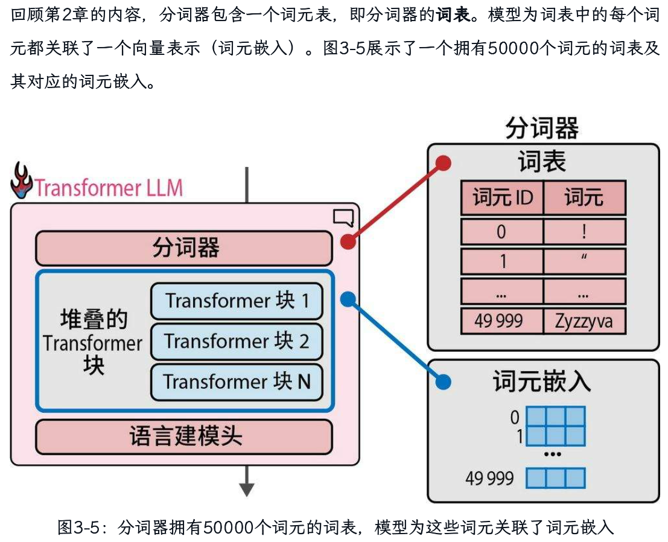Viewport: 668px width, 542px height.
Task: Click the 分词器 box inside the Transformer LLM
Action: (x=184, y=248)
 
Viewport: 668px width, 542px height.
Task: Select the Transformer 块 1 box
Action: (x=237, y=301)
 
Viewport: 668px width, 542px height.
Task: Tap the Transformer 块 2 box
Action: (x=237, y=341)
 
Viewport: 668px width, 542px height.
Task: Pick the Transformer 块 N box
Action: (x=237, y=381)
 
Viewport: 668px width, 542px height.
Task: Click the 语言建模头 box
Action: (x=184, y=436)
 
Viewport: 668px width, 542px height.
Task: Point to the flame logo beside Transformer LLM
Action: (x=22, y=180)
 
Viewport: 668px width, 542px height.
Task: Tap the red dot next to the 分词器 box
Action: (x=348, y=241)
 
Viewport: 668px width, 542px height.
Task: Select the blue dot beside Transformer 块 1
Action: (x=348, y=298)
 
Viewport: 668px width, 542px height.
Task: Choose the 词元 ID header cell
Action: (x=502, y=198)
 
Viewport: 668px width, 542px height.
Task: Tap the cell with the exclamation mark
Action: (x=584, y=232)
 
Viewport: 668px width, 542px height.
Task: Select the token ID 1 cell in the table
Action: (x=502, y=261)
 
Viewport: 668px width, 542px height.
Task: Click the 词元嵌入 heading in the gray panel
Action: (x=541, y=382)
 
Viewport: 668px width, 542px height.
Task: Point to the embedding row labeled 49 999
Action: (x=555, y=479)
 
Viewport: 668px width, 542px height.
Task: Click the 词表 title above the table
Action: (x=541, y=162)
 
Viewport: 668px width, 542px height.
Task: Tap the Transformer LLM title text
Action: (x=109, y=188)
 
